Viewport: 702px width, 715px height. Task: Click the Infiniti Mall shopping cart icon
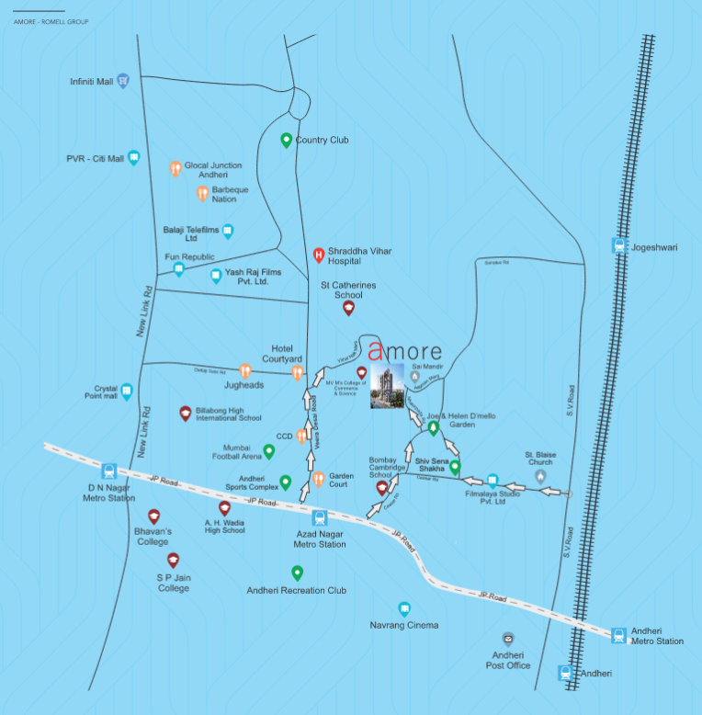(122, 81)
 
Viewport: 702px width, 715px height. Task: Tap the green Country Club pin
(286, 141)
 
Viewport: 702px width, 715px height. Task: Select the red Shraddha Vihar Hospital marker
(318, 255)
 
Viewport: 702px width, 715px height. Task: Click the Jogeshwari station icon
(617, 246)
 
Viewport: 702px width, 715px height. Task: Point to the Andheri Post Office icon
(507, 638)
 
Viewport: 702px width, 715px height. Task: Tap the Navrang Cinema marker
(403, 608)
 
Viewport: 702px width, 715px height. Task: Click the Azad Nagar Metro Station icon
(319, 517)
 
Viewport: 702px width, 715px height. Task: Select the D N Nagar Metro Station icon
(109, 471)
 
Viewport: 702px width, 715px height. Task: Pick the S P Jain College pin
(173, 560)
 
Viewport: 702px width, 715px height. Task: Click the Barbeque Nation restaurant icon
(202, 193)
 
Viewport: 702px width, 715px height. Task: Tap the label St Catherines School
(348, 290)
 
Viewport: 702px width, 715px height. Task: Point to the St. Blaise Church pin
(540, 476)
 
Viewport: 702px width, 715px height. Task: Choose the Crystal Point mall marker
(126, 392)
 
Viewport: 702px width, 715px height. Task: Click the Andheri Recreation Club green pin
(297, 573)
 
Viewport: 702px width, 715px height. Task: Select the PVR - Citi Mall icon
(134, 158)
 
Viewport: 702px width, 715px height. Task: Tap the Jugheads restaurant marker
(244, 371)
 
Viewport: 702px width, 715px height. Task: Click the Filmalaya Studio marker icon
(493, 480)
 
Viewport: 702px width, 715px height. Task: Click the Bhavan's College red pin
(153, 517)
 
